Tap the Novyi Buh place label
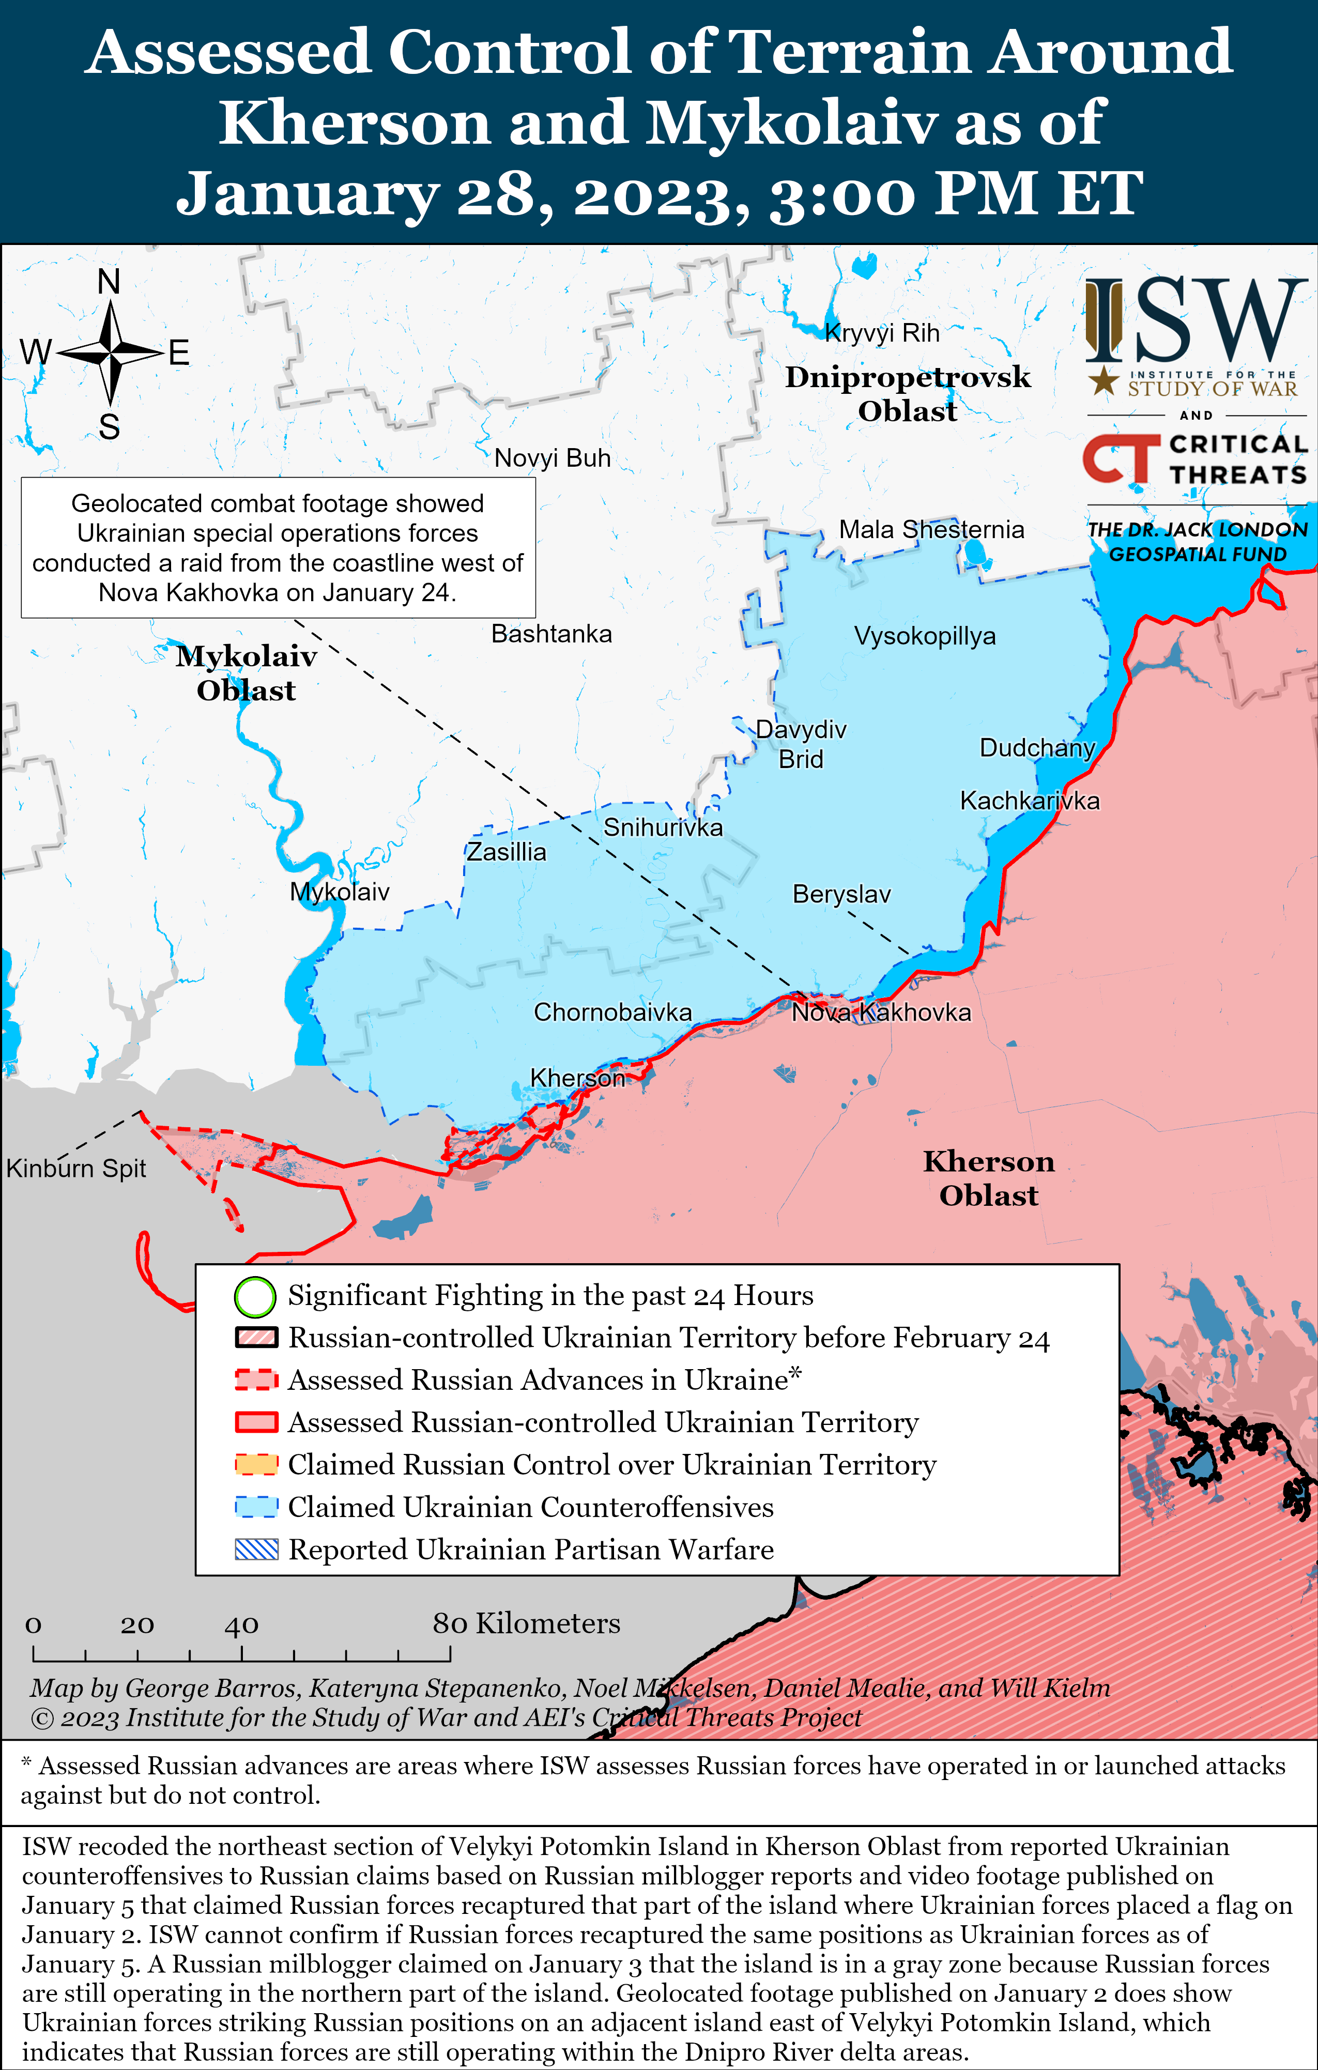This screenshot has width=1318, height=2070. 552,458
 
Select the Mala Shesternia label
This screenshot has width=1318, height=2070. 931,530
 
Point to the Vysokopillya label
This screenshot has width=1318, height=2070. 924,636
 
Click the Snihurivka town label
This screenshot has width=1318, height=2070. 662,828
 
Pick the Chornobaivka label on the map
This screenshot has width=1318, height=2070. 612,1012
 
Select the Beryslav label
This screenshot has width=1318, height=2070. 841,894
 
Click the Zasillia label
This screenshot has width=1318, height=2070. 507,852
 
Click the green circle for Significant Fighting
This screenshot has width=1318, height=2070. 255,1297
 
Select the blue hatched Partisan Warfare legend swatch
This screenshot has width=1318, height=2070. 256,1549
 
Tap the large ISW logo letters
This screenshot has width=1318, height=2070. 1195,320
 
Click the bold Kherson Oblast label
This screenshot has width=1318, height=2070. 989,1178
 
